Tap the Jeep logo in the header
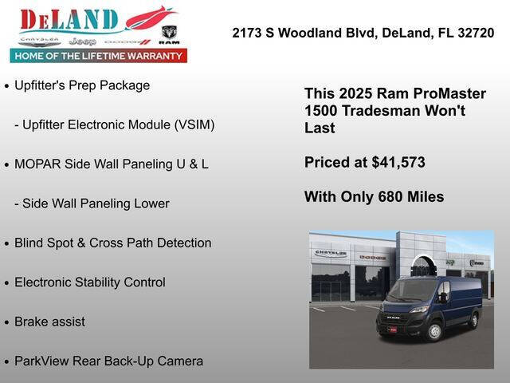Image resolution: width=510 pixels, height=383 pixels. pyautogui.click(x=82, y=40)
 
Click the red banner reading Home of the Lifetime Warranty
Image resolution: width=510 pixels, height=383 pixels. pyautogui.click(x=98, y=56)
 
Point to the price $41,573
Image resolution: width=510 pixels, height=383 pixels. pyautogui.click(x=398, y=162)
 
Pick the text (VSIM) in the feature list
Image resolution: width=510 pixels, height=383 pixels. pyautogui.click(x=191, y=124)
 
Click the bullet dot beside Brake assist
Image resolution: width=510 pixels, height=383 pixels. pyautogui.click(x=6, y=322)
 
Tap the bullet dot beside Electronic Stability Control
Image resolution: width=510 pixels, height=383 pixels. pyautogui.click(x=6, y=283)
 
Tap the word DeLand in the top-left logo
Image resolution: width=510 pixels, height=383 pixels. pyautogui.click(x=69, y=19)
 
